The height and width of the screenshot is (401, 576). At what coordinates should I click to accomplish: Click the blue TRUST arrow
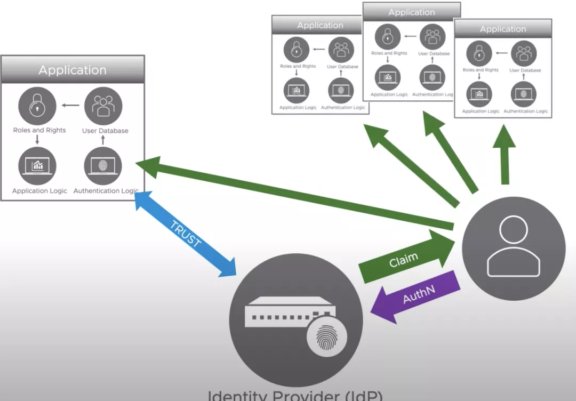[186, 234]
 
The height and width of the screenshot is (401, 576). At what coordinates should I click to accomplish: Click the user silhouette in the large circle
[513, 246]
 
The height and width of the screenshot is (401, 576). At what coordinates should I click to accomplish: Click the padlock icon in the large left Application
[37, 106]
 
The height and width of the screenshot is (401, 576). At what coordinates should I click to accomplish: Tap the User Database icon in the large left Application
[103, 106]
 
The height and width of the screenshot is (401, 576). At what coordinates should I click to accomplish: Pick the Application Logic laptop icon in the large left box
[37, 165]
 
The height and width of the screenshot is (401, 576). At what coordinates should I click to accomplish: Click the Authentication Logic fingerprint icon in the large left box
[103, 165]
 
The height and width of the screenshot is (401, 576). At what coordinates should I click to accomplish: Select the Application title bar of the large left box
[73, 70]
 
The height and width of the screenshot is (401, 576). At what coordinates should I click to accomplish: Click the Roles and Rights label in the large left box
[39, 130]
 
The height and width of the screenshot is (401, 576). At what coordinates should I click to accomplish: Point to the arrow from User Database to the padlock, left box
[70, 105]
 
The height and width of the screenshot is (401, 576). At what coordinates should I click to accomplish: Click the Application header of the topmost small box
[411, 12]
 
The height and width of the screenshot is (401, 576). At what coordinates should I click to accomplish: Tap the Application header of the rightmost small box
[502, 29]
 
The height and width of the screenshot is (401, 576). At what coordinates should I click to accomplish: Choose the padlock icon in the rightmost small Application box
[479, 54]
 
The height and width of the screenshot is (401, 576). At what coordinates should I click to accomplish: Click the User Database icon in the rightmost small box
[524, 54]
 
